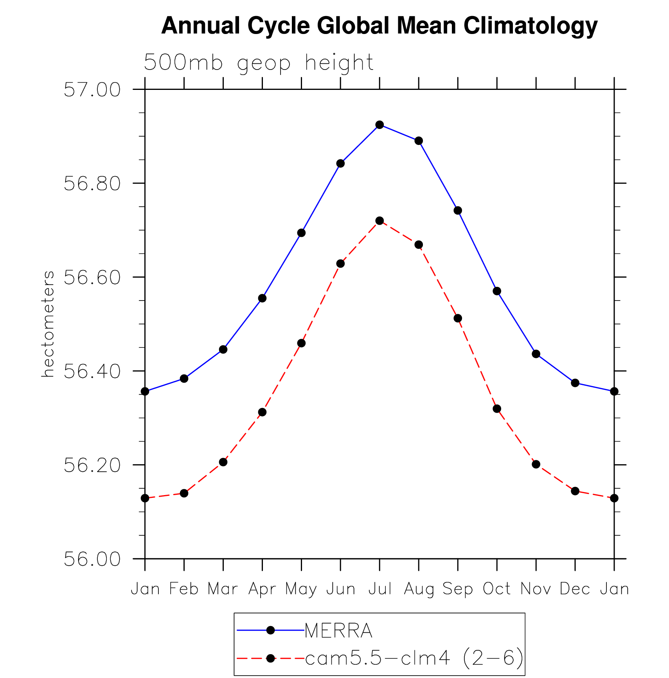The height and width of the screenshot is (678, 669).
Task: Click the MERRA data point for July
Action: pos(379,125)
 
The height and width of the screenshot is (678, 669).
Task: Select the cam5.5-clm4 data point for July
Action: pos(379,221)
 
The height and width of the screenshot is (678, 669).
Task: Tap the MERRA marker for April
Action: pos(262,298)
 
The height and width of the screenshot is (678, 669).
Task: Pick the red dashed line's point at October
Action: pos(497,409)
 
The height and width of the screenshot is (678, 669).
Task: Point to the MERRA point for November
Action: pos(536,354)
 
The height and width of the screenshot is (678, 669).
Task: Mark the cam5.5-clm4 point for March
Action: pos(223,462)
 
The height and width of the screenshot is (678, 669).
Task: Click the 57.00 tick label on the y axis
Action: pos(92,90)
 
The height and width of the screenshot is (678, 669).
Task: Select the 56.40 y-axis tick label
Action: pos(92,371)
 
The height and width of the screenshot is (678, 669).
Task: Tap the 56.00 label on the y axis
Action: pos(92,559)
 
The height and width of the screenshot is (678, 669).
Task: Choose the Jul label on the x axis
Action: pos(379,589)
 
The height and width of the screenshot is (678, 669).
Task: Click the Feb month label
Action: pos(184,589)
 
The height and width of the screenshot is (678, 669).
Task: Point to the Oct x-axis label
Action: pos(497,589)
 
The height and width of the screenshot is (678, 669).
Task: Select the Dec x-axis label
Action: pos(575,589)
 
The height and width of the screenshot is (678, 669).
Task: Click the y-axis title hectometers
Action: pos(48,324)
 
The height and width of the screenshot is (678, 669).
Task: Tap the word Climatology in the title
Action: pos(531,26)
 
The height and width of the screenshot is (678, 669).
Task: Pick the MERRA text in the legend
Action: pos(338,630)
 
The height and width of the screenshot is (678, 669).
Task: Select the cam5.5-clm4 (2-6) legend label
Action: pos(414,658)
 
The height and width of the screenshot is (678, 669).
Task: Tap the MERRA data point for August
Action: pos(419,141)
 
